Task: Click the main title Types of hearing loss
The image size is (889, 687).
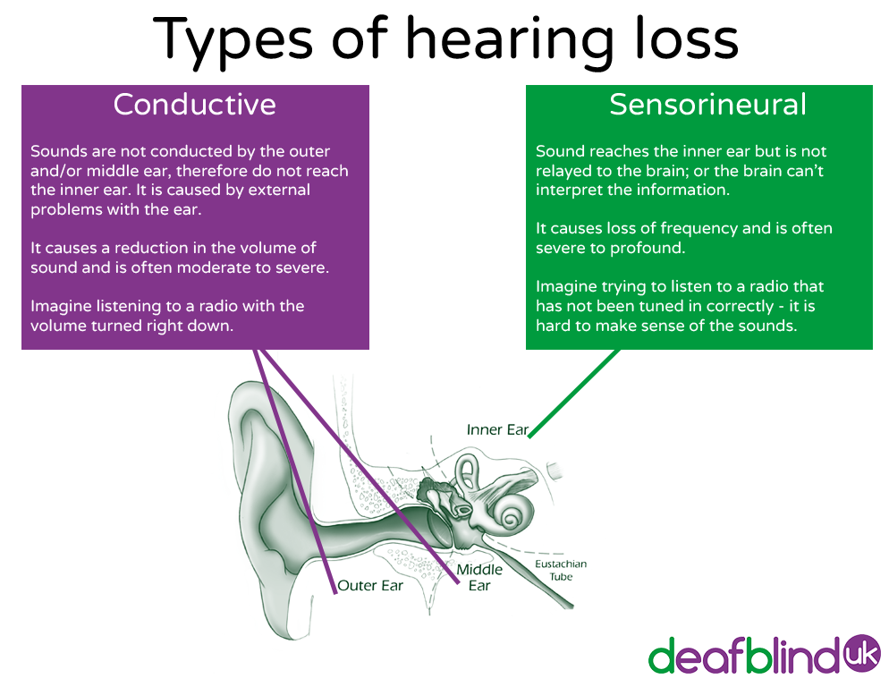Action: [444, 40]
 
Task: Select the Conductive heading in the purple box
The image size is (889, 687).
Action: [194, 105]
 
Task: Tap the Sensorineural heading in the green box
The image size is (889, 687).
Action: [707, 105]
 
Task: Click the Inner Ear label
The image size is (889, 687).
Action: [497, 430]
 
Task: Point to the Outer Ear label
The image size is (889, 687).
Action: [370, 586]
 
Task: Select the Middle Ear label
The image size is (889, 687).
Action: [479, 577]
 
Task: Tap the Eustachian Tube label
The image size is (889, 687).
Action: [561, 571]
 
